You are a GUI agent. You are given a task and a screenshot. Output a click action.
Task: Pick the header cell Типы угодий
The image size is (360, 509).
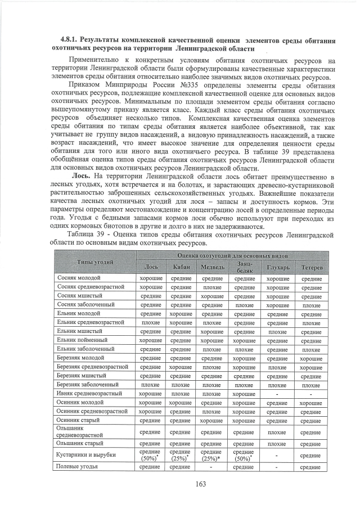[95, 262]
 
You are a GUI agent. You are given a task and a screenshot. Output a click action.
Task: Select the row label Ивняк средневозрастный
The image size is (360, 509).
[89, 393]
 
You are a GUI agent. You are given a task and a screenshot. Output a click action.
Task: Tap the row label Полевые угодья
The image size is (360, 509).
[77, 466]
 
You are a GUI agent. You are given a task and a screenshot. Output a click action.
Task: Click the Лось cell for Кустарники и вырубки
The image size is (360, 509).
[151, 454]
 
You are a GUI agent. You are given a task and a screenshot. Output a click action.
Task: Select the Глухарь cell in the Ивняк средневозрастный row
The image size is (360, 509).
[277, 393]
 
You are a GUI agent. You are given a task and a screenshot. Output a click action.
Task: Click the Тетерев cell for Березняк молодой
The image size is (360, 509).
[311, 358]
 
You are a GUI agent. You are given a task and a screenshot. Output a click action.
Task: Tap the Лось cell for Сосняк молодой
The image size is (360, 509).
[151, 278]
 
